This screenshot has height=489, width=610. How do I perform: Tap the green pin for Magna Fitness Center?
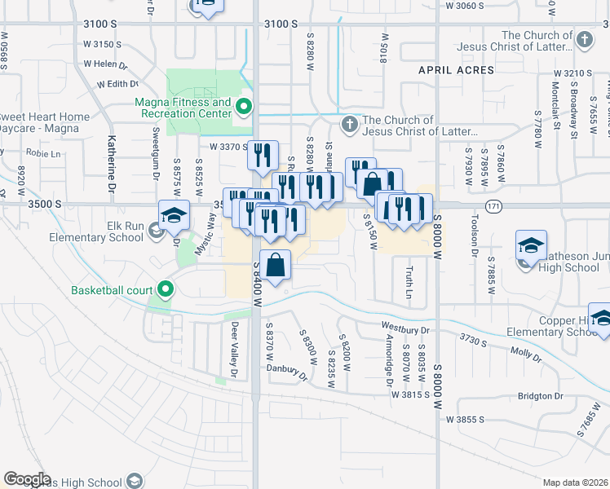[x=243, y=107]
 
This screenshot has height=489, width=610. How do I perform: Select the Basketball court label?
[x=112, y=290]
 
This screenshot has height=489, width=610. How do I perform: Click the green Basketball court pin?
[x=166, y=289]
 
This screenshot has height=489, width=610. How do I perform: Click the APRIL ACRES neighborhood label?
[x=456, y=71]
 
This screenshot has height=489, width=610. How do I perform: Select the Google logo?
[x=27, y=479]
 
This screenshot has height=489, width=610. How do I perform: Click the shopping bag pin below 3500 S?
[x=276, y=265]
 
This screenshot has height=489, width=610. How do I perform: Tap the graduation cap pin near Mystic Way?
[x=175, y=216]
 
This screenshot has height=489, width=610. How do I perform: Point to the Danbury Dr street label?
[x=291, y=372]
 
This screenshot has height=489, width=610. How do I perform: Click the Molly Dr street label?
[x=526, y=354]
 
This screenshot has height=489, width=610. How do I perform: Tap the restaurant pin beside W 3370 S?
[x=262, y=156]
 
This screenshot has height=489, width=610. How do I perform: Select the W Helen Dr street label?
[x=106, y=64]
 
